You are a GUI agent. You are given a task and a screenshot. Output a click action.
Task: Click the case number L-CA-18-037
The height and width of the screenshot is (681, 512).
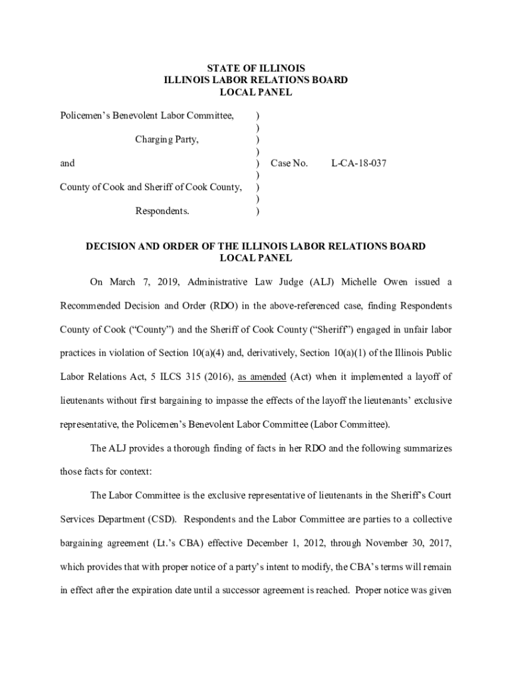coord(358,163)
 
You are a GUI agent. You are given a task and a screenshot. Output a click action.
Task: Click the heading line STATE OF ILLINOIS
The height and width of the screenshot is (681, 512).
coord(256,68)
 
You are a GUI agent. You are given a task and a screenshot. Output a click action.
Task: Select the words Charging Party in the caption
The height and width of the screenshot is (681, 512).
coord(167,140)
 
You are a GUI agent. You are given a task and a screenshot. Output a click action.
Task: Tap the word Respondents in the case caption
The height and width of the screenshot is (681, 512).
coord(162,211)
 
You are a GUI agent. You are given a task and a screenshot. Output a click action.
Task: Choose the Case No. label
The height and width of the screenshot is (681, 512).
coord(289,163)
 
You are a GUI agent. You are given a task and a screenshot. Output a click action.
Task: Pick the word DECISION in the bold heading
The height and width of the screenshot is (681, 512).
coord(112,246)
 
